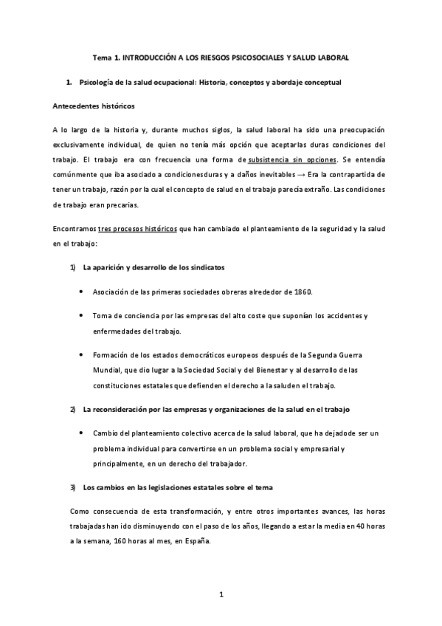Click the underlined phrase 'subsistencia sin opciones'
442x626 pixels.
[x=293, y=159]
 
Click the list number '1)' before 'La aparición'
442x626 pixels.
[x=72, y=266]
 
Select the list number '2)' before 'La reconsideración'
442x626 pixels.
[x=72, y=409]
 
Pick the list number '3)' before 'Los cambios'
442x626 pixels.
[x=72, y=487]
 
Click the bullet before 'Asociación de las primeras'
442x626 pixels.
[x=80, y=292]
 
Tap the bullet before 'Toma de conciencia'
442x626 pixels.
[x=80, y=316]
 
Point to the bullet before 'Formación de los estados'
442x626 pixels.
[x=80, y=354]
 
